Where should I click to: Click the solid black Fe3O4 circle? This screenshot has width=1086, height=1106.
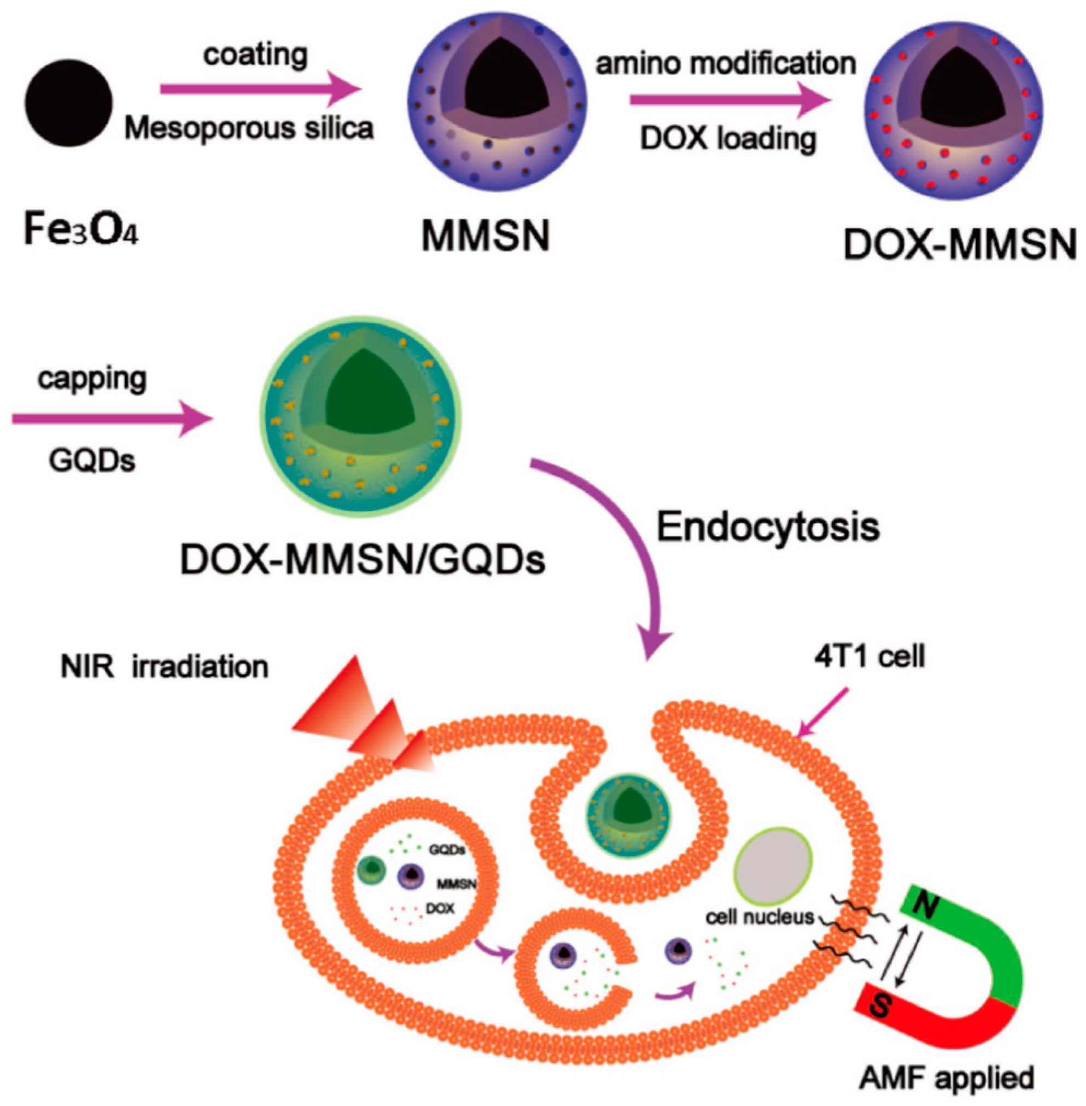[x=68, y=103]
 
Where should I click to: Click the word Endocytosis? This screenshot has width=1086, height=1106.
[x=768, y=528]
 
